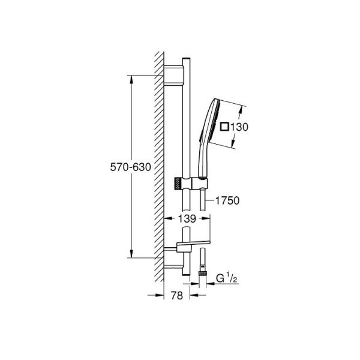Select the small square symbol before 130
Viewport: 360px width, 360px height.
coord(225,127)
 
